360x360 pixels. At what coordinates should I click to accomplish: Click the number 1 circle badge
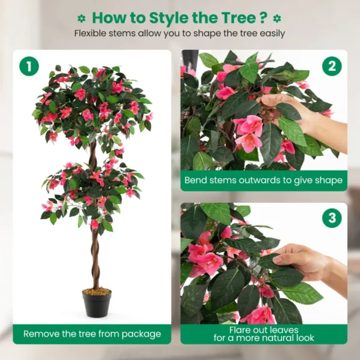[29, 66]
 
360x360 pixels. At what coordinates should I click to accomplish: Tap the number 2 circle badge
[332, 66]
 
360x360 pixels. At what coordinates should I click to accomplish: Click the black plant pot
[97, 303]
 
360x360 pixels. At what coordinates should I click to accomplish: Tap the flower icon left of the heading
[82, 18]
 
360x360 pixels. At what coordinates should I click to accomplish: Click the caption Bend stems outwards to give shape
[263, 180]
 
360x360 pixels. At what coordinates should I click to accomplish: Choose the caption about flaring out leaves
[263, 334]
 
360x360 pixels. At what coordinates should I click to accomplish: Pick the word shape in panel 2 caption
[328, 180]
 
